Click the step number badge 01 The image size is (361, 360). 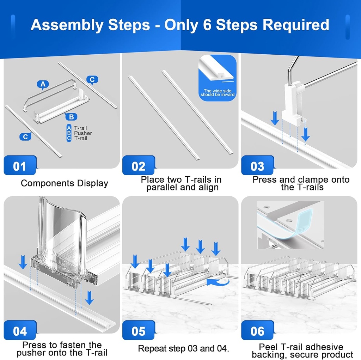pyautogui.click(x=20, y=165)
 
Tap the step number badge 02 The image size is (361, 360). pyautogui.click(x=139, y=165)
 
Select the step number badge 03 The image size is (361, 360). pyautogui.click(x=257, y=165)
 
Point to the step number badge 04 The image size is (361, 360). pyautogui.click(x=20, y=330)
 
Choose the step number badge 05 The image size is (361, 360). pyautogui.click(x=139, y=330)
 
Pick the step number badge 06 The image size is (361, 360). pyautogui.click(x=257, y=330)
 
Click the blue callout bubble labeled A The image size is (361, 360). pyautogui.click(x=43, y=85)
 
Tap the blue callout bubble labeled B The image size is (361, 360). pyautogui.click(x=71, y=117)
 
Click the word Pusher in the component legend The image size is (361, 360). pyautogui.click(x=83, y=133)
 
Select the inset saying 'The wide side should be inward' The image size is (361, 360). pyautogui.click(x=217, y=78)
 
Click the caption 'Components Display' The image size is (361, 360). pyautogui.click(x=65, y=183)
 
